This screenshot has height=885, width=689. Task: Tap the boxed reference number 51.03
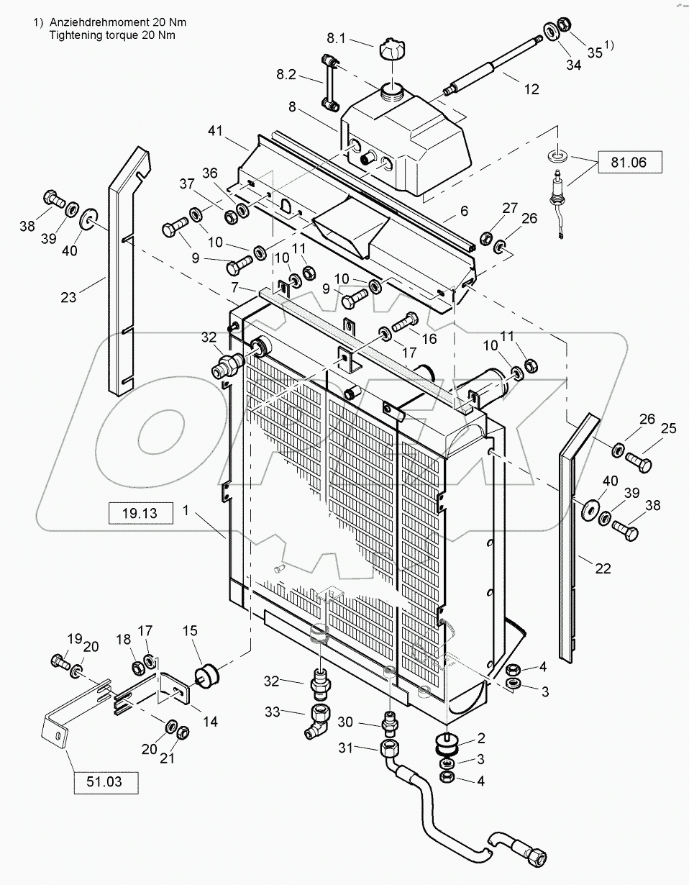(x=105, y=781)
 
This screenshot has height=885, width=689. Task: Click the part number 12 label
(x=531, y=89)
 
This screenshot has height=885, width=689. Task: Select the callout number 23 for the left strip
(x=68, y=296)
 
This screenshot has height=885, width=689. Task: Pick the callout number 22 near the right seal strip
(x=603, y=568)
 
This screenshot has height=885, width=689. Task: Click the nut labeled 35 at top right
(x=564, y=24)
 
